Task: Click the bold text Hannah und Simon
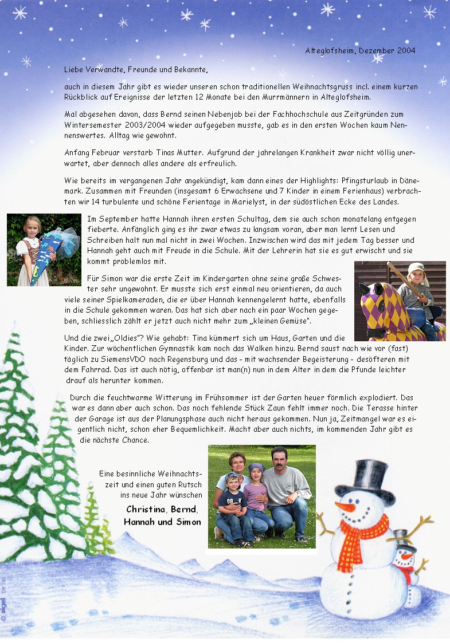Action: click(162, 522)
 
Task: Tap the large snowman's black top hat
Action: click(374, 478)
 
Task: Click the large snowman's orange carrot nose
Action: click(346, 507)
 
